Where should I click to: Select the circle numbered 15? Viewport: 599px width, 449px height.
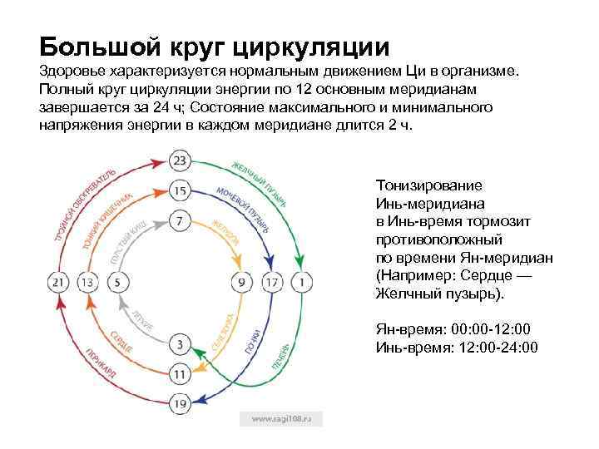pyautogui.click(x=181, y=192)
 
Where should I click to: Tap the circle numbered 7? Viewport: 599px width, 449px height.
pyautogui.click(x=181, y=222)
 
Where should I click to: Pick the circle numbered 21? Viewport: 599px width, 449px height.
pyautogui.click(x=58, y=283)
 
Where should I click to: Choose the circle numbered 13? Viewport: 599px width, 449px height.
pyautogui.click(x=88, y=283)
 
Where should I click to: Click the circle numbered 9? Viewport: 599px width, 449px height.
pyautogui.click(x=242, y=283)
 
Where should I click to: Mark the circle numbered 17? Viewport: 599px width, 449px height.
pyautogui.click(x=272, y=283)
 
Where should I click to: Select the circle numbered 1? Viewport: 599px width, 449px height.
pyautogui.click(x=302, y=283)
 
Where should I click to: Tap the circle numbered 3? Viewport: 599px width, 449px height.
pyautogui.click(x=181, y=343)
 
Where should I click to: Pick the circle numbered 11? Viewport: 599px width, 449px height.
pyautogui.click(x=181, y=373)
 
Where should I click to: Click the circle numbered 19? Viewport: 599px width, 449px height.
pyautogui.click(x=181, y=404)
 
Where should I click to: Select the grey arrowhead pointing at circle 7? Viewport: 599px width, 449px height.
pyautogui.click(x=165, y=223)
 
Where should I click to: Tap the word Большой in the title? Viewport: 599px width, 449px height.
pyautogui.click(x=92, y=44)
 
